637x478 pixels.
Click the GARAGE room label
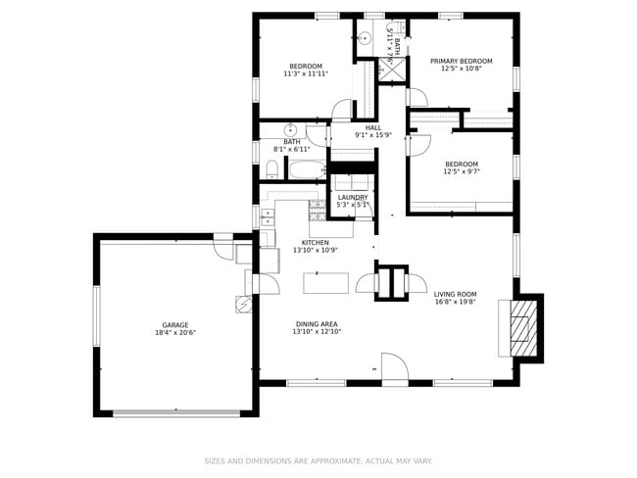click(175, 325)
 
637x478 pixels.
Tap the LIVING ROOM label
click(455, 294)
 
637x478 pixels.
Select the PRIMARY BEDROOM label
click(461, 61)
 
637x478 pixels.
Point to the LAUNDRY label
click(352, 197)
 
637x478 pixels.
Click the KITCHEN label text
click(315, 242)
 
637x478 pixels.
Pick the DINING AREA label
click(317, 323)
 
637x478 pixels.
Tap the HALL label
click(373, 127)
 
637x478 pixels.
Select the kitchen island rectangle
click(325, 283)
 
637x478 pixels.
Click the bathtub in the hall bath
click(307, 170)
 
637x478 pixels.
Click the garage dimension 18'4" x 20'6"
click(175, 333)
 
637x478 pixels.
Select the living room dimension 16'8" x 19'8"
click(455, 302)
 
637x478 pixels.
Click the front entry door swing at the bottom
click(394, 369)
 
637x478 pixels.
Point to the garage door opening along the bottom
click(176, 412)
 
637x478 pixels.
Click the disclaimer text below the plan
click(318, 460)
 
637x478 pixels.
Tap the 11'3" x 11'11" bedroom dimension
click(305, 73)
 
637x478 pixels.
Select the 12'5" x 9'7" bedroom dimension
click(461, 171)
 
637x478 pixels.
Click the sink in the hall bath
click(291, 129)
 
